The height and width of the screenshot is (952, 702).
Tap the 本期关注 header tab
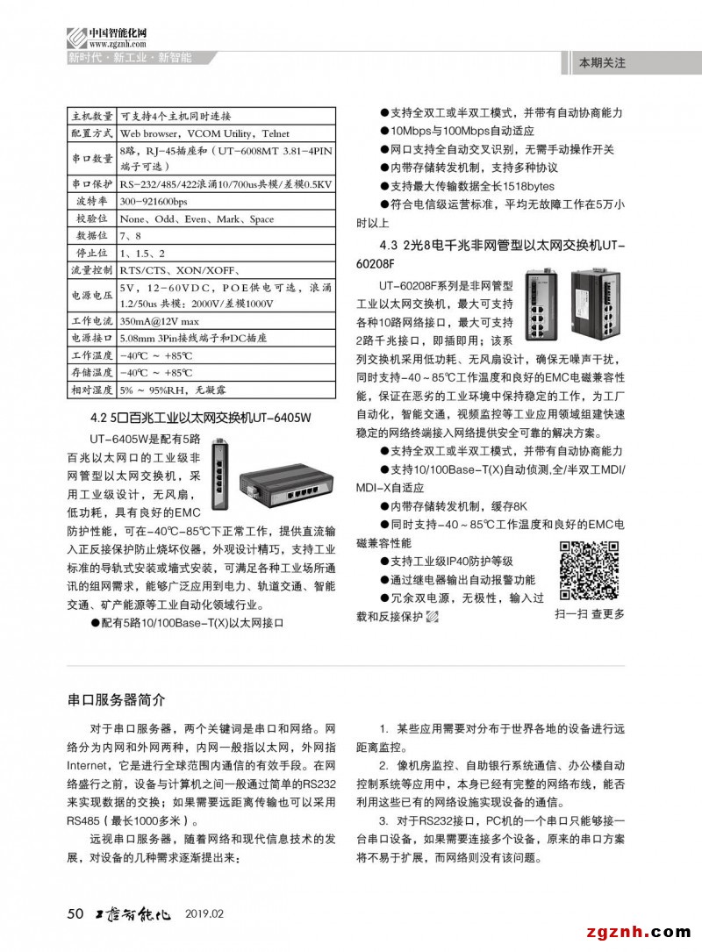click(x=601, y=63)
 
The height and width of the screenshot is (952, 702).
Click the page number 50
click(x=75, y=914)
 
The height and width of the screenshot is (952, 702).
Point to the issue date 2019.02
click(x=205, y=914)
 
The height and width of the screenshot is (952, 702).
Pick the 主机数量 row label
click(x=91, y=115)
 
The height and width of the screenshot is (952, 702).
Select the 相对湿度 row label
click(x=91, y=389)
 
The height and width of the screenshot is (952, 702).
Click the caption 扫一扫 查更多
click(x=590, y=613)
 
